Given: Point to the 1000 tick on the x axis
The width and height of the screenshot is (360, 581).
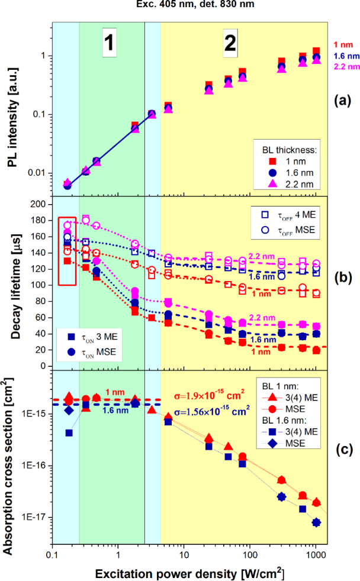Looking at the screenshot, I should [x=316, y=556].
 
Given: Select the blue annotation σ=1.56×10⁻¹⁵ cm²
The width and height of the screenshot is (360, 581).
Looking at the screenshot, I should [x=217, y=409].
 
